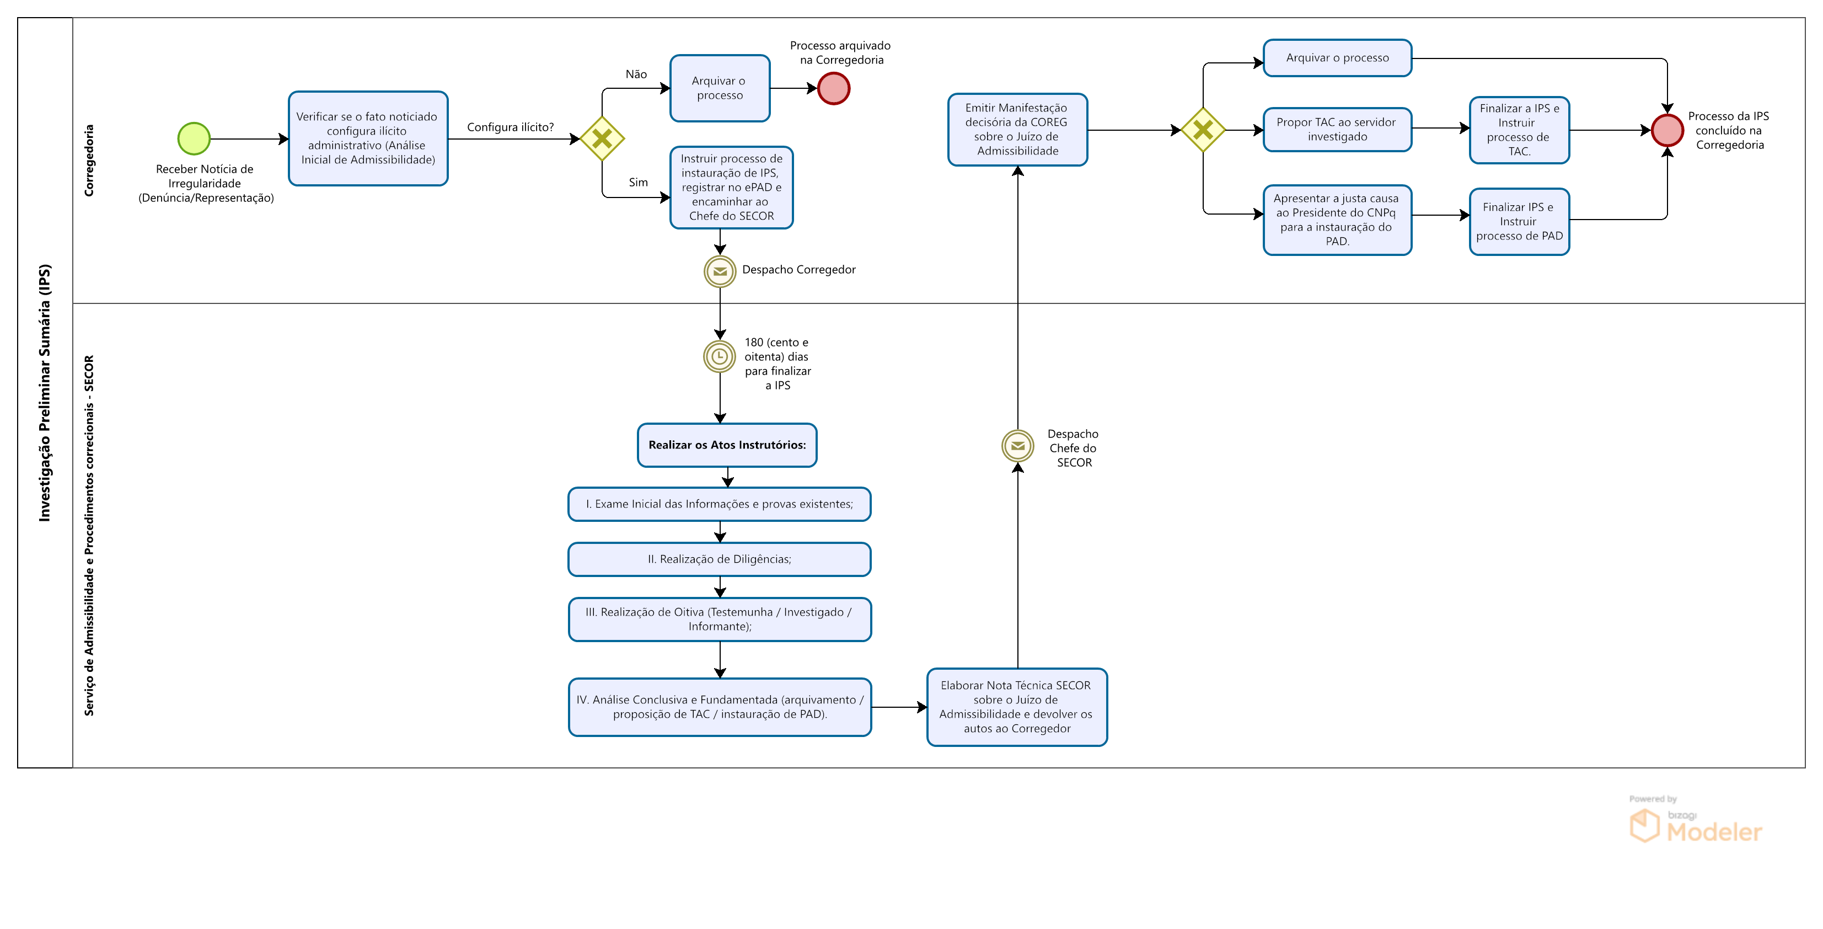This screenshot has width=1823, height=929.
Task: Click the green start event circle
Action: tap(194, 139)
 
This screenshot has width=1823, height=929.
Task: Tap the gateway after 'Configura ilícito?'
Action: tap(602, 139)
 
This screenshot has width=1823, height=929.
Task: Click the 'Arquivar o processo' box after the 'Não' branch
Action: tap(719, 88)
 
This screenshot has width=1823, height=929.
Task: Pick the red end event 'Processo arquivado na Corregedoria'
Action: tap(834, 88)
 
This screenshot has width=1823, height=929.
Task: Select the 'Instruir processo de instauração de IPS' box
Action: tap(731, 188)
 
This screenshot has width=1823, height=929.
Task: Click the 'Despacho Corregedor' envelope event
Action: tap(720, 271)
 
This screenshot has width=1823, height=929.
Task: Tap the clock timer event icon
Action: tap(720, 356)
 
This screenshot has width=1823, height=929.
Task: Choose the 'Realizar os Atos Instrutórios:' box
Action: tap(727, 445)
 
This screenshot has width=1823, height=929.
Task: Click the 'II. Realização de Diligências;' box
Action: tap(719, 559)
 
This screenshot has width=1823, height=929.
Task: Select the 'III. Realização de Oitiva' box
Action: tap(719, 620)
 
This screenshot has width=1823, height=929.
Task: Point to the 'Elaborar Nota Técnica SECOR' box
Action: tap(1016, 707)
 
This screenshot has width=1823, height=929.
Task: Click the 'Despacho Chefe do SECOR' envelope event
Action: tap(1018, 446)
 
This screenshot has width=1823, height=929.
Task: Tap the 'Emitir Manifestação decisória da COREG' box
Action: tap(1017, 130)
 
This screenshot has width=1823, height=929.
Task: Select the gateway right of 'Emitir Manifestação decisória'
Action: tap(1203, 130)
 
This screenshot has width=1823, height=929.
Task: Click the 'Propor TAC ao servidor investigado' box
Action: tap(1337, 130)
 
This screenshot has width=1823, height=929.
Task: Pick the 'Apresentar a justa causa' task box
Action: tap(1337, 220)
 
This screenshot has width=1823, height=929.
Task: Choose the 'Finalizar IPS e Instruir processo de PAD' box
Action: tap(1519, 221)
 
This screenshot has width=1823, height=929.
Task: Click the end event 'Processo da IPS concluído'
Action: tap(1667, 130)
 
